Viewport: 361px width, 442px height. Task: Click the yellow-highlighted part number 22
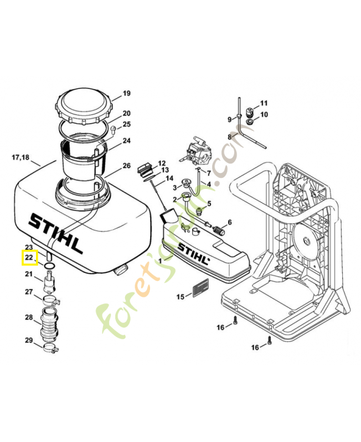pyautogui.click(x=29, y=257)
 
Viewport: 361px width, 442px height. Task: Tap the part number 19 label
pyautogui.click(x=126, y=93)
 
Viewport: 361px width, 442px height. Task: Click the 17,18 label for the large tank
pyautogui.click(x=20, y=157)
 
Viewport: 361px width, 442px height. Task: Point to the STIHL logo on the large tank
pyautogui.click(x=55, y=232)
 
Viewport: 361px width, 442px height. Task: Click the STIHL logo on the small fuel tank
pyautogui.click(x=193, y=254)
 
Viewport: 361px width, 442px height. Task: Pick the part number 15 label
pyautogui.click(x=180, y=297)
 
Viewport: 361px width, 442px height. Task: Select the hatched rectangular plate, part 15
pyautogui.click(x=200, y=288)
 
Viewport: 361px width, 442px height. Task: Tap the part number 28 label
pyautogui.click(x=29, y=317)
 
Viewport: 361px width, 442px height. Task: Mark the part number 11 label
pyautogui.click(x=264, y=103)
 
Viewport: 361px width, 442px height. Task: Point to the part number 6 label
pyautogui.click(x=229, y=222)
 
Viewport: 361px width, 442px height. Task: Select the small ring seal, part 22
pyautogui.click(x=49, y=266)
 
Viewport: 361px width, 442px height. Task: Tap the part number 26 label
pyautogui.click(x=126, y=166)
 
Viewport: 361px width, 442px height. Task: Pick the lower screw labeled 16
pyautogui.click(x=269, y=341)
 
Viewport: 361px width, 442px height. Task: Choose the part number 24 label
pyautogui.click(x=126, y=141)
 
